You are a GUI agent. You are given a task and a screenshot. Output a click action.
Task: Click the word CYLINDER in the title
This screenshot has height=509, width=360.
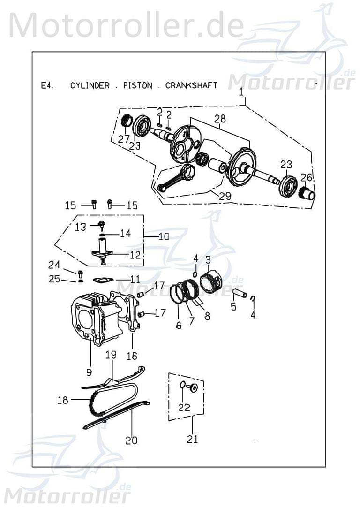[x=90, y=85]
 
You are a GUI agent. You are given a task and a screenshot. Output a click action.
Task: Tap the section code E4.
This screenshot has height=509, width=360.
[x=47, y=85]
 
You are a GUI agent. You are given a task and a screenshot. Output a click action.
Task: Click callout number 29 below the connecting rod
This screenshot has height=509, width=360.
[x=225, y=196]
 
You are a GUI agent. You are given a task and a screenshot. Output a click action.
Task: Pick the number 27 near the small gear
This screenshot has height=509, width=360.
[x=124, y=139]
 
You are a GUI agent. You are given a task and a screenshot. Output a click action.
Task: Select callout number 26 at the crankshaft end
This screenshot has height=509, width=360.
[x=306, y=177]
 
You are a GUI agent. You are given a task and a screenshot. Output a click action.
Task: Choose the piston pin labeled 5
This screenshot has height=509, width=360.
[x=240, y=294]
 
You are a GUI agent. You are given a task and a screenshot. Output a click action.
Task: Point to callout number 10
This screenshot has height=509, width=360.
[x=163, y=236]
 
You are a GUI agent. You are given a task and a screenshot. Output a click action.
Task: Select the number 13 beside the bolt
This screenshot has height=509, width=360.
[x=81, y=227]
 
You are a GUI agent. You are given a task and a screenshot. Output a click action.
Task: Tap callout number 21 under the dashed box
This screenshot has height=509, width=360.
[x=192, y=439]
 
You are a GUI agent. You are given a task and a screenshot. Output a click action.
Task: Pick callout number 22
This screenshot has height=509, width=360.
[x=184, y=407]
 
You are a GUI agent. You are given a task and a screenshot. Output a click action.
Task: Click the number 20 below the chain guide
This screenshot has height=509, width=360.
[x=132, y=440]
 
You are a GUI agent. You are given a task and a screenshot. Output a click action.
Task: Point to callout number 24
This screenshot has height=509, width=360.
[x=54, y=265]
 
